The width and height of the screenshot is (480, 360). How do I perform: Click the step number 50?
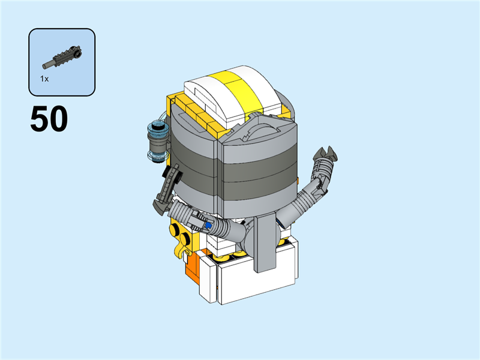pos(49,119)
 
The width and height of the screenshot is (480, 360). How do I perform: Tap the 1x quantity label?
pos(44,79)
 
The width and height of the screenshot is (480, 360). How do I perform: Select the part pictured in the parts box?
pos(62,58)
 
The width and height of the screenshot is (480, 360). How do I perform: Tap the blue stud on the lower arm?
pos(209,225)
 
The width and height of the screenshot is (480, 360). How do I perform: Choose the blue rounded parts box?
pos(62,62)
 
